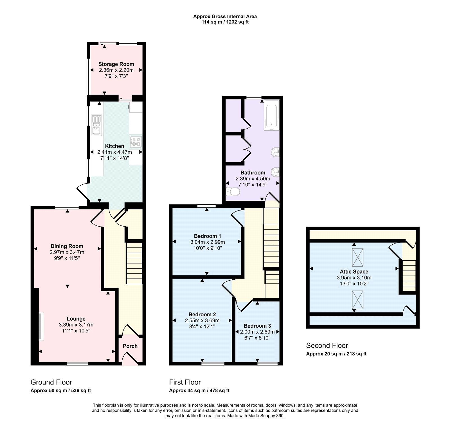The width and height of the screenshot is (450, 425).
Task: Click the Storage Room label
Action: point(116,64)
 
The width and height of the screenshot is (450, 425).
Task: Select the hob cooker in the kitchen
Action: point(136,141)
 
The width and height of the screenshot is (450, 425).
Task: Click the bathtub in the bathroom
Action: point(271,115)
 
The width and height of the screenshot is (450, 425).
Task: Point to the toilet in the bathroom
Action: point(233,192)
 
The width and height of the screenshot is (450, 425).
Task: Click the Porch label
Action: point(130,346)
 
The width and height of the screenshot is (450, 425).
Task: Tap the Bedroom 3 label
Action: point(257,326)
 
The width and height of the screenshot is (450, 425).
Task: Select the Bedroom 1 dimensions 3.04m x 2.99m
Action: point(208,242)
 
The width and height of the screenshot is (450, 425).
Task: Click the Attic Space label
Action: point(354,272)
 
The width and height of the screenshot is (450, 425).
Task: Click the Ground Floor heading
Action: point(51,382)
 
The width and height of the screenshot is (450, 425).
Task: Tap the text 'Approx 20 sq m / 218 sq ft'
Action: point(336,354)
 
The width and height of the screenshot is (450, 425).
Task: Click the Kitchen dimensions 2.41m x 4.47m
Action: point(114,152)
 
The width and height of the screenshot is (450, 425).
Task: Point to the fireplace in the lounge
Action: point(40,326)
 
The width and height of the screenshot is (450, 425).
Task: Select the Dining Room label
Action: point(67,246)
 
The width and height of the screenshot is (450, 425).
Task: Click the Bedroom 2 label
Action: point(202,314)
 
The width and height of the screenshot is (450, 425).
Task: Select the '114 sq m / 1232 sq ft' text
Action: point(225,22)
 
